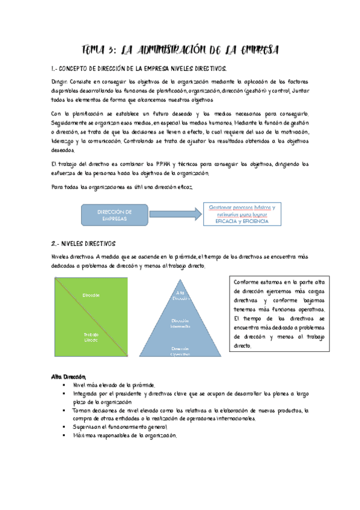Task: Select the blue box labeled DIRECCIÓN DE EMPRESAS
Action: (115, 214)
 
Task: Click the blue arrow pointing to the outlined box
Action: (175, 214)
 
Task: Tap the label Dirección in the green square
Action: (91, 295)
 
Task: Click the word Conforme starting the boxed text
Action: (247, 281)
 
